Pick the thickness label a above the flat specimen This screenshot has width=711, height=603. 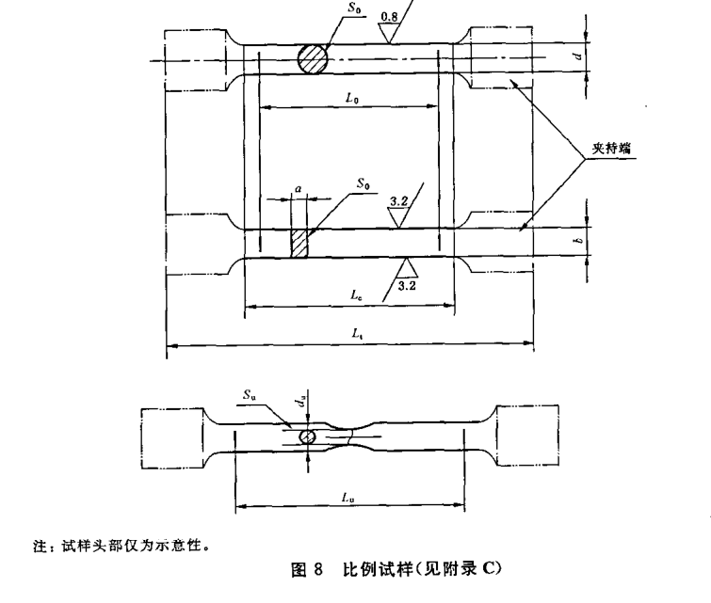(x=299, y=189)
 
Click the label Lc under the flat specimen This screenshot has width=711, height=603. (x=356, y=295)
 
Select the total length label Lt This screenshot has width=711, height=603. (x=349, y=334)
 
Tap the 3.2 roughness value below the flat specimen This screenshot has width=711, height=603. (x=407, y=283)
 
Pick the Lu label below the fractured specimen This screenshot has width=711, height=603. (x=349, y=496)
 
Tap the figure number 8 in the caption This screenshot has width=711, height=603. (x=318, y=568)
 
